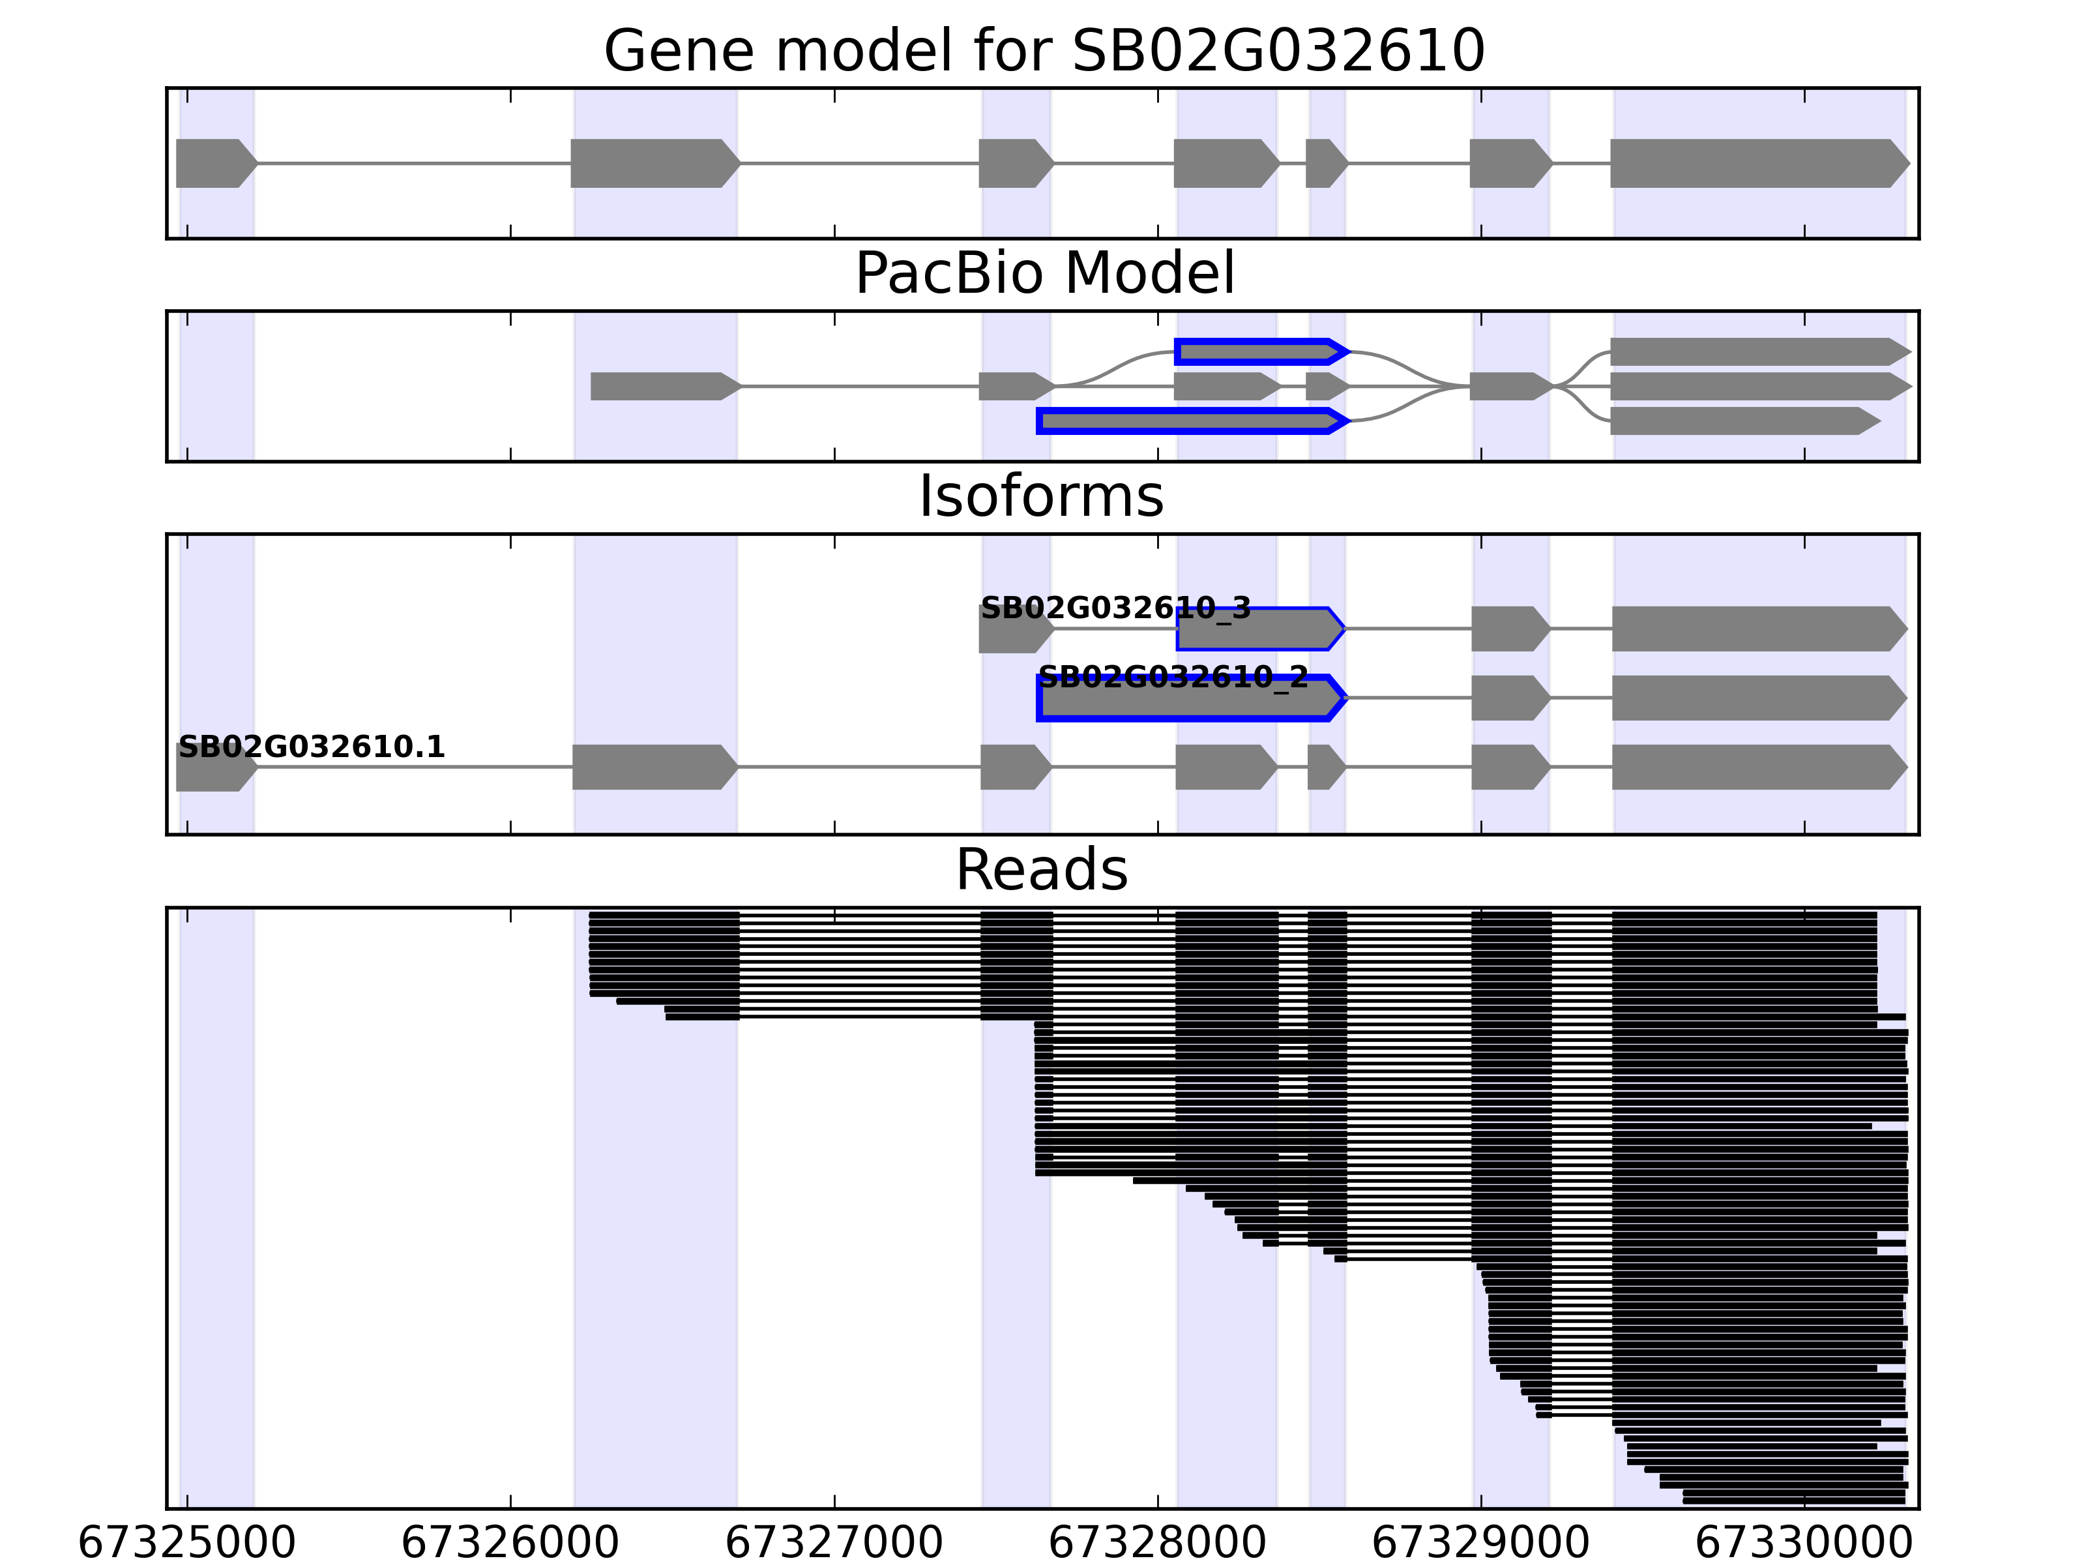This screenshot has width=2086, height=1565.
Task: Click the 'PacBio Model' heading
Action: coord(1043,274)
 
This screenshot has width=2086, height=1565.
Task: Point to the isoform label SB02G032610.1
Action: coord(311,747)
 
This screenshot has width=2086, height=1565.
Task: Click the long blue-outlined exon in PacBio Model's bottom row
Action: coord(1190,421)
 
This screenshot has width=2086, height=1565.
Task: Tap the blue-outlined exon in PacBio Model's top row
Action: coord(1259,352)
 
